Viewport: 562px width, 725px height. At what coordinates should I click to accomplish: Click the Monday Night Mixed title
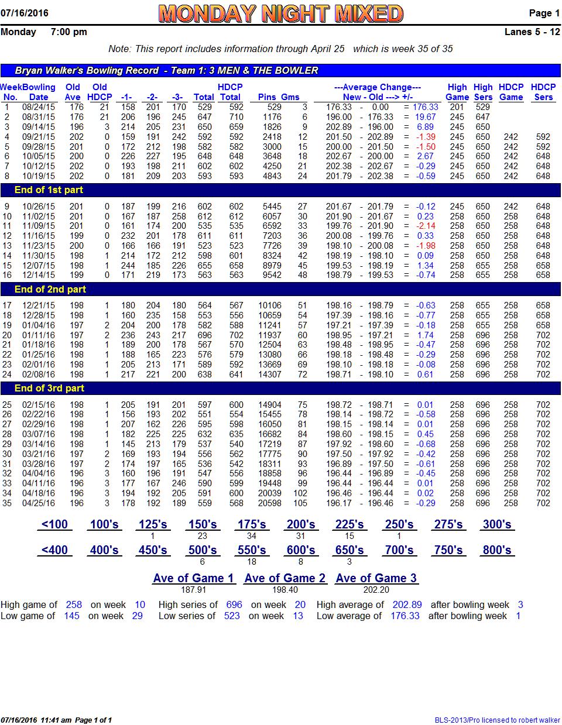pos(280,13)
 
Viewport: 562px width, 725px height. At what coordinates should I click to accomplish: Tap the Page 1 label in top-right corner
pos(544,13)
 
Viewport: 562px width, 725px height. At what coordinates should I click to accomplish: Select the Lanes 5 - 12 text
pos(532,32)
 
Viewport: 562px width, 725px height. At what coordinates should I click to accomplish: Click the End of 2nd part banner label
pos(50,289)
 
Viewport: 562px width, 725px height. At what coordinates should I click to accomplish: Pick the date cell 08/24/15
pos(39,107)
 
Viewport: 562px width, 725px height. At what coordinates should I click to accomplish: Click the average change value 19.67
pos(425,117)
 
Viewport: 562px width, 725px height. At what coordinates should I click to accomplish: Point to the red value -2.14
pos(426,226)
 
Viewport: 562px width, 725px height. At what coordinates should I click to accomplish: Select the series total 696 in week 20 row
pos(204,335)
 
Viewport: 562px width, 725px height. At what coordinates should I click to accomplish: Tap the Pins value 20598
pos(270,503)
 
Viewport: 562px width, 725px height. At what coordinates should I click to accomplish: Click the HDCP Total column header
pos(230,92)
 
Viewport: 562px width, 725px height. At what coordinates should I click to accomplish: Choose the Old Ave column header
pos(73,92)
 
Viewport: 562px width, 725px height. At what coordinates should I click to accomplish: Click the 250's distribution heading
pos(399,524)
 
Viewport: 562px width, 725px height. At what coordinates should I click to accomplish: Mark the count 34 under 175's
pos(251,536)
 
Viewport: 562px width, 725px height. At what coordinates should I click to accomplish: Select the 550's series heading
pos(252,550)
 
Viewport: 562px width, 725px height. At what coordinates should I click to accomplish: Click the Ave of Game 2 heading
pos(285,578)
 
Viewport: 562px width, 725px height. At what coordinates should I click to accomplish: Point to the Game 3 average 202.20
pos(376,590)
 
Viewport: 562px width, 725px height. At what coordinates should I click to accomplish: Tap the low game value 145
pos(72,616)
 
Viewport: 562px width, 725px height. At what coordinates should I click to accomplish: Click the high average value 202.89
pos(407,604)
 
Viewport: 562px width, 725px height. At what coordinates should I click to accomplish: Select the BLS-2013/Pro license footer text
pos(497,720)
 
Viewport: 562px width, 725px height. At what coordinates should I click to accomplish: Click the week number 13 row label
pos(7,246)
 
